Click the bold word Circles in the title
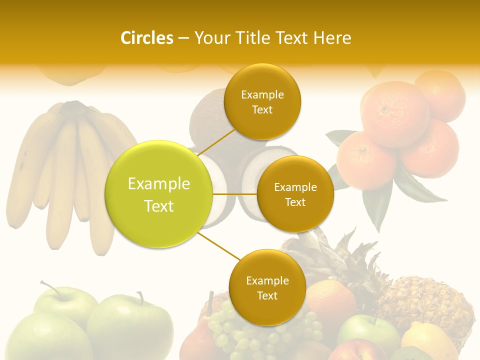coord(146,38)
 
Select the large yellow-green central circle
coord(159,194)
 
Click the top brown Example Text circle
coord(262,102)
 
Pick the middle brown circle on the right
coord(295,194)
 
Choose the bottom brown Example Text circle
coord(267,288)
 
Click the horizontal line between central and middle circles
coord(234,194)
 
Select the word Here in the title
coord(333,38)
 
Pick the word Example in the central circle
coord(159,184)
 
